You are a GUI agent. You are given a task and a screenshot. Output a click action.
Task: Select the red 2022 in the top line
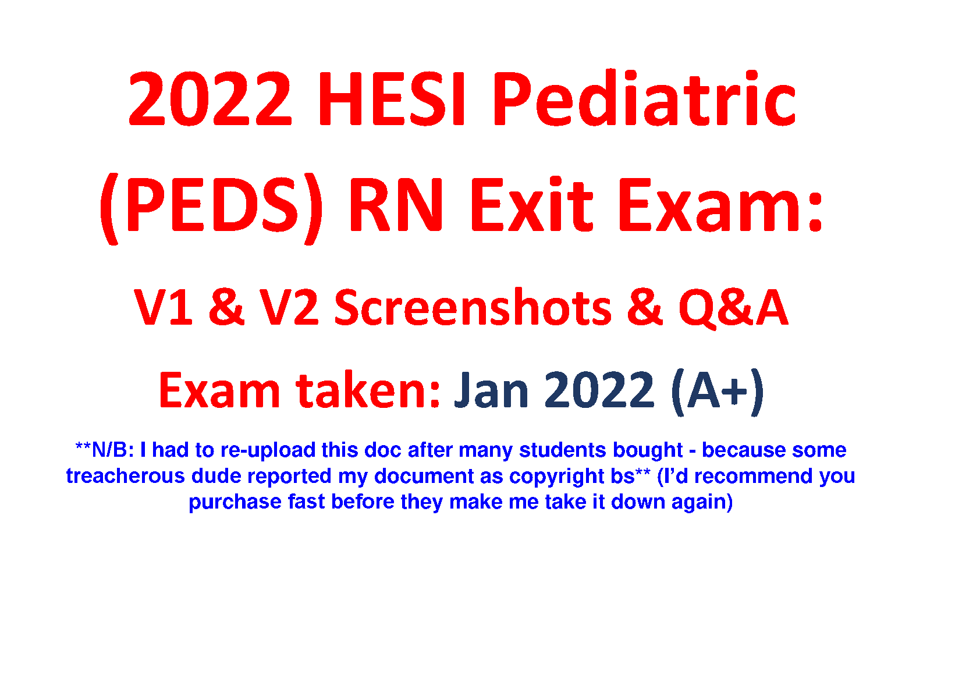pos(210,98)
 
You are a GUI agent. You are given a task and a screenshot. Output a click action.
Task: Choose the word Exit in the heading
pos(531,204)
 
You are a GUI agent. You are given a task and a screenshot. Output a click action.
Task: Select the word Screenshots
pos(473,306)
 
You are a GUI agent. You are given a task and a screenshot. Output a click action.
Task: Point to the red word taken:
pos(368,389)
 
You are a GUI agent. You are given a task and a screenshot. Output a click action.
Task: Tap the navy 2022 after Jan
pos(599,389)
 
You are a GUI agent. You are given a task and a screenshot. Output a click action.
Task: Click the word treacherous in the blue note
pos(126,475)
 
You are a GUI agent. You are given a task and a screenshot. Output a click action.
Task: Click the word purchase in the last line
pos(235,502)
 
